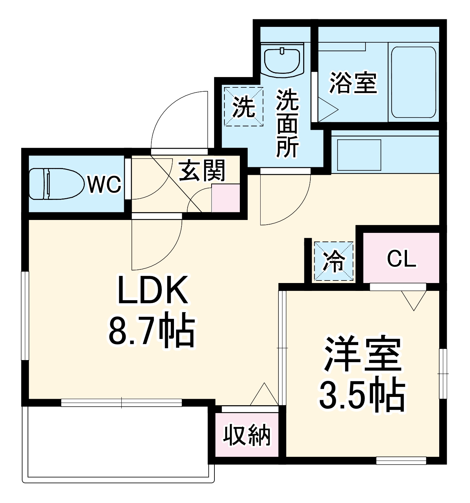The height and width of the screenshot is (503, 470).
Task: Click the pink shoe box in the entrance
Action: (226, 198)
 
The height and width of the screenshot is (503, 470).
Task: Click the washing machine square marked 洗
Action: (243, 107)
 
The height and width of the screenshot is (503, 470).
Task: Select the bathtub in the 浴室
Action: (413, 82)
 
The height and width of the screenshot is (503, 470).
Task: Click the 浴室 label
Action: (353, 83)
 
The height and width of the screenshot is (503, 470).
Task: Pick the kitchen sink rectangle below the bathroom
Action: (359, 155)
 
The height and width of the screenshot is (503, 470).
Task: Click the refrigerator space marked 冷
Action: (334, 261)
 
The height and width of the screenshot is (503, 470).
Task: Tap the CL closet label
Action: (401, 258)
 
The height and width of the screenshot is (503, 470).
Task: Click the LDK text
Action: (152, 290)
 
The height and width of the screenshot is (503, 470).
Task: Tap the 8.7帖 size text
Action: (152, 330)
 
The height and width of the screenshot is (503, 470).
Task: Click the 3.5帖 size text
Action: (362, 396)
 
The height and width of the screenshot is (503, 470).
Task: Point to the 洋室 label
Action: (362, 354)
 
